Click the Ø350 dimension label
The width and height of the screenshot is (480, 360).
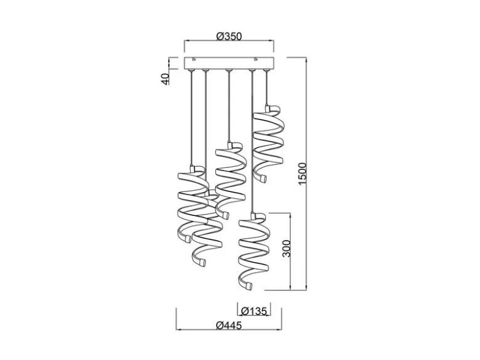[x=229, y=36]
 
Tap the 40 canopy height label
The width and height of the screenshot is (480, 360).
[x=165, y=79]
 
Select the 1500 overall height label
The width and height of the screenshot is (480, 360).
[x=302, y=174]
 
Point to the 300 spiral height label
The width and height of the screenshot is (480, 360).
[x=286, y=249]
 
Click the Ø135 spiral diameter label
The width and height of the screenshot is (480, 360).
[x=254, y=311]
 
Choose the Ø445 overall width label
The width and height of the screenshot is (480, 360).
[x=229, y=325]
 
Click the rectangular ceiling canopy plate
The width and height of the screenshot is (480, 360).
[x=229, y=63]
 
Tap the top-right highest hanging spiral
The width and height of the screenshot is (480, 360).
[x=267, y=143]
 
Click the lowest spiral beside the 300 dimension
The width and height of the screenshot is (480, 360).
[x=254, y=252]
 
